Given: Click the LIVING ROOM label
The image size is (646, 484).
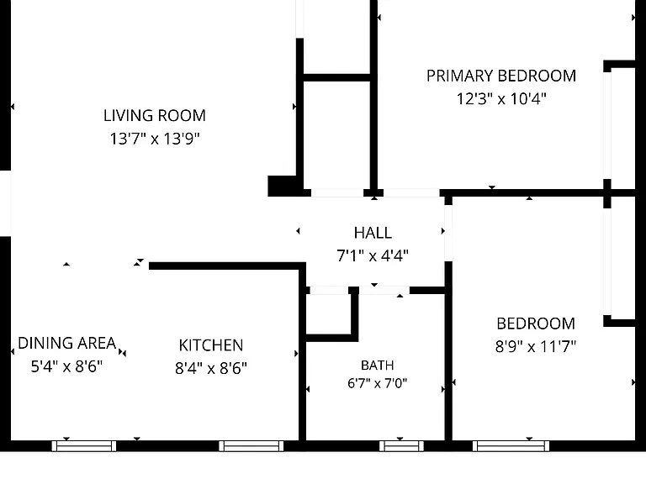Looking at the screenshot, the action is [x=155, y=116].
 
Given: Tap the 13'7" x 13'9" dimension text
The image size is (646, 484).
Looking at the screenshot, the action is [x=155, y=139].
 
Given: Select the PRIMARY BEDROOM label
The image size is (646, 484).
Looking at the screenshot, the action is [x=501, y=76].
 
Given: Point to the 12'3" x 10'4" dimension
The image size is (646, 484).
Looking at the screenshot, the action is [x=501, y=99].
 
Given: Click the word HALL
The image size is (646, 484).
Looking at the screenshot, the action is [x=373, y=233].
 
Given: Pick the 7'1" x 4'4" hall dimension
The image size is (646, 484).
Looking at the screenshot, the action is [x=373, y=256].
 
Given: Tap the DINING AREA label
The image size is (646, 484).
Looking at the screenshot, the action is [x=67, y=343].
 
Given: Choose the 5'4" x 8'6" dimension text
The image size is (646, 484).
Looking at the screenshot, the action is [x=66, y=366].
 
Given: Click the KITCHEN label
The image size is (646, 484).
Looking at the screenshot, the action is [x=211, y=345].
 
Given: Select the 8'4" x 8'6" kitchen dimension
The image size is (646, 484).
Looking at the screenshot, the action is [x=211, y=368].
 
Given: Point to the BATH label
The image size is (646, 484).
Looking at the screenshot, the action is [x=378, y=366].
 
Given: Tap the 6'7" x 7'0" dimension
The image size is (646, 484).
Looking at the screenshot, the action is [x=378, y=383].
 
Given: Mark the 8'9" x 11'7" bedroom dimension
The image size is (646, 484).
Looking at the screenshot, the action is [x=536, y=346].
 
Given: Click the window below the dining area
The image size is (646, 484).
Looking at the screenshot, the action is [x=84, y=446].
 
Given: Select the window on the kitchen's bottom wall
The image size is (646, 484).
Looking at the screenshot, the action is [x=252, y=446].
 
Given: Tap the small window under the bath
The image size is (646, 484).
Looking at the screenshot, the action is [x=401, y=446].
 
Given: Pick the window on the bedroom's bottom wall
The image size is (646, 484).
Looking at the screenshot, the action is [x=511, y=446].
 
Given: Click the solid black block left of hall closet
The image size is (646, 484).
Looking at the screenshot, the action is [x=283, y=186].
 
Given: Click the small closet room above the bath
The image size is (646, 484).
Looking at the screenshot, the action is [x=329, y=311].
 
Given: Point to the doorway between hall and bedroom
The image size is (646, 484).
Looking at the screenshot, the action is [x=448, y=233].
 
